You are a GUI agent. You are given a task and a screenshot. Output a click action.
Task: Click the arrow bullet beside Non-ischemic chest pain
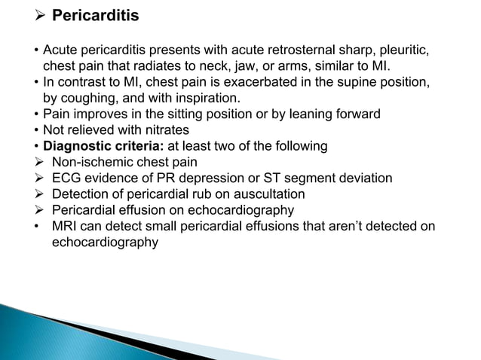(39, 162)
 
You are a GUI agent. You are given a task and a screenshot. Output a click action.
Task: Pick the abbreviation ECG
(67, 178)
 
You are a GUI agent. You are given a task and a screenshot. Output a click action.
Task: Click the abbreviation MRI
(66, 226)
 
